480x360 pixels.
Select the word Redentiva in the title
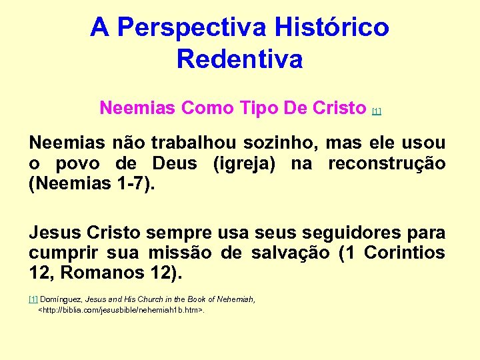tap(240, 59)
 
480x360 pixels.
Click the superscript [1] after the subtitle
tap(377, 111)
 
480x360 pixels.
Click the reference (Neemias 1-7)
tap(92, 183)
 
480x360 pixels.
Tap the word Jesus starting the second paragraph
tap(57, 233)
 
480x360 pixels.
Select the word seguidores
tap(348, 233)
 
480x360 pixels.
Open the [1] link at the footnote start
tap(33, 300)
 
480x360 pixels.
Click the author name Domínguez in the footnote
tap(61, 300)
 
